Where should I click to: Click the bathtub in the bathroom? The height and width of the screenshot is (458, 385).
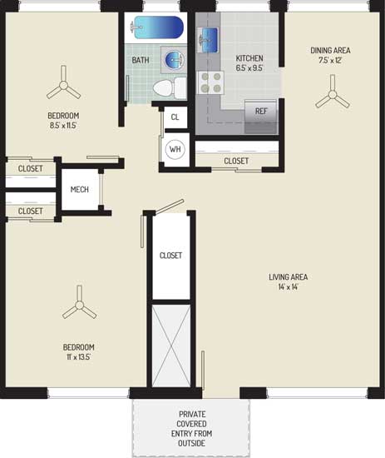[x=156, y=27]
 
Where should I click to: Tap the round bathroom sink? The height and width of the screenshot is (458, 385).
[x=175, y=60]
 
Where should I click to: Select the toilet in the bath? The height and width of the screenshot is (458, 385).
[x=170, y=87]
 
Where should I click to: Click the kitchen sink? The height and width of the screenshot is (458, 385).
[x=207, y=40]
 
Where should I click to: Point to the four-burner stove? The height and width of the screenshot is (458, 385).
[x=211, y=82]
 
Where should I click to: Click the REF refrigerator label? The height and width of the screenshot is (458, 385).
[x=261, y=111]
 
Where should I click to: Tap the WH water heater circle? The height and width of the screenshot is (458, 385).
[x=175, y=149]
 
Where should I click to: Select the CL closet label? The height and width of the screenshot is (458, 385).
[x=175, y=117]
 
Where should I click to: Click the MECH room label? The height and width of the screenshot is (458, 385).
[x=80, y=190]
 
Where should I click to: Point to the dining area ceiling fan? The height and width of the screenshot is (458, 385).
[x=333, y=94]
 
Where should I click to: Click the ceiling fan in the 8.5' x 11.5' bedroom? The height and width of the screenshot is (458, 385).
[x=63, y=84]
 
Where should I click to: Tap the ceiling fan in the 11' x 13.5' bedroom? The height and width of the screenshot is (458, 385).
[x=79, y=304]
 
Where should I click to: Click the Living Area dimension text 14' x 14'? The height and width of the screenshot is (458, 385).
[x=289, y=286]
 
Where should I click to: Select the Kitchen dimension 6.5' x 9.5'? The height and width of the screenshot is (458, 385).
[x=249, y=68]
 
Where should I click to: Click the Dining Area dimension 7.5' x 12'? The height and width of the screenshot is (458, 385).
[x=330, y=60]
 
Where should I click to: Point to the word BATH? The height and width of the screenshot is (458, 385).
[x=141, y=60]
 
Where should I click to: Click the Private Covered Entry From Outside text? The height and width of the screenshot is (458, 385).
[x=191, y=429]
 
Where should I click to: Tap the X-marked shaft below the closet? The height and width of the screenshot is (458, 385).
[x=171, y=346]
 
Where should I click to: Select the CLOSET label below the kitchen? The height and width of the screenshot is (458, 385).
[x=236, y=161]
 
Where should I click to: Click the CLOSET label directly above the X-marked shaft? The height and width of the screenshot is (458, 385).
[x=170, y=256]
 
